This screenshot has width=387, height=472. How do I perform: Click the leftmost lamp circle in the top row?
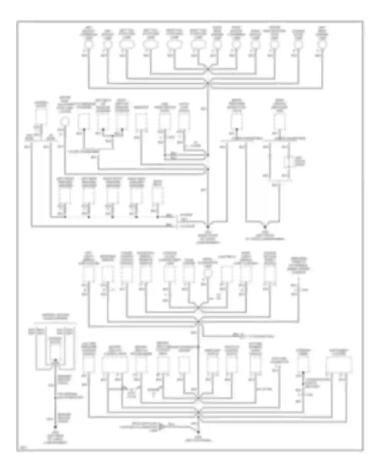(88, 44)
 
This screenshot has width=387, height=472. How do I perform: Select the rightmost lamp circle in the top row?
(322, 44)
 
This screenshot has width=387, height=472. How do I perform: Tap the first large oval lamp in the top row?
(127, 44)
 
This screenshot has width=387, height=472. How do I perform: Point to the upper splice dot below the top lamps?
(208, 69)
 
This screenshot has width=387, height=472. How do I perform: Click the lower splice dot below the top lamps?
(208, 83)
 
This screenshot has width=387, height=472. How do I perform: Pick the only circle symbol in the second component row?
(65, 121)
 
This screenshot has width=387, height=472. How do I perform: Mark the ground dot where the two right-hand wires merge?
(265, 227)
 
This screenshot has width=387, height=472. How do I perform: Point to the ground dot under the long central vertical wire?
(208, 227)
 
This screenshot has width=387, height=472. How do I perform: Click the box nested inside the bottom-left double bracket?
(55, 352)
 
